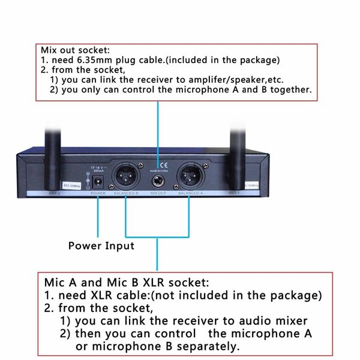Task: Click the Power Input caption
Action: click(x=101, y=245)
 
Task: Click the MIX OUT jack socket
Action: click(x=158, y=180)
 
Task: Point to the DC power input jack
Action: click(x=98, y=181)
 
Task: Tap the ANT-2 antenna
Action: click(x=53, y=150)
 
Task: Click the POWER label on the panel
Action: click(x=97, y=194)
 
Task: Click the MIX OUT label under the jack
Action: click(x=158, y=194)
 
